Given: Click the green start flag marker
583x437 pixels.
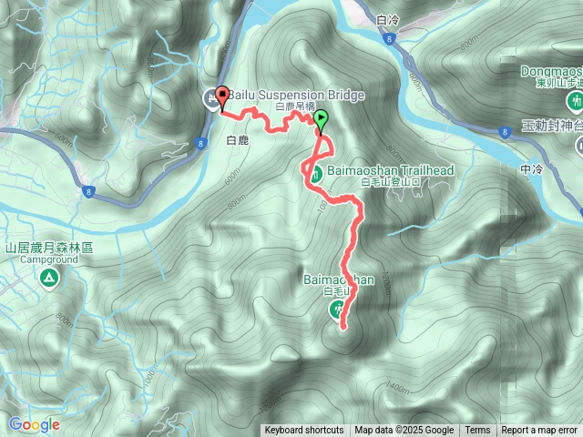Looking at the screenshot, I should pos(321,118).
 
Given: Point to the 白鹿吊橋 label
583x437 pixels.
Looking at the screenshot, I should pos(294,107).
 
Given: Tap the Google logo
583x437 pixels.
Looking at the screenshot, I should pos(34,424).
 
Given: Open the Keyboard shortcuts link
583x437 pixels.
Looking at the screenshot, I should pos(304,431).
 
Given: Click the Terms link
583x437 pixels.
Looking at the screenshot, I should pos(477,431).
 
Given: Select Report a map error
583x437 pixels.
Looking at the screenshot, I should pos(539,431).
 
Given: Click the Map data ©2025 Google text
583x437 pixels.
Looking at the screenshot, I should pos(404,431).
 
